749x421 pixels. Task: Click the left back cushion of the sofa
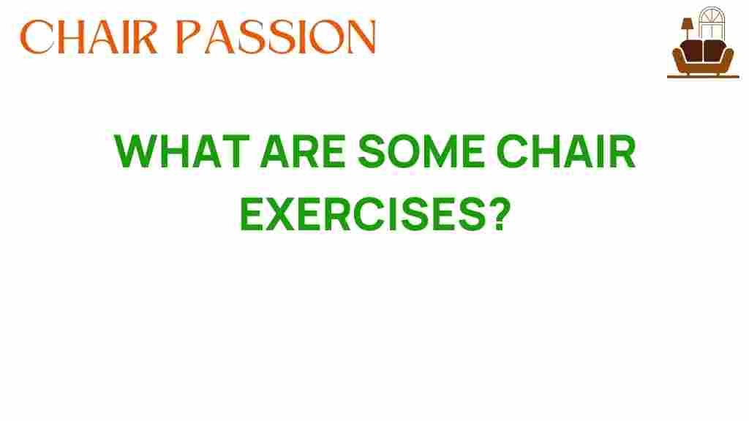pos(693,50)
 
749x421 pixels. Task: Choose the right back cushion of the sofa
pos(714,50)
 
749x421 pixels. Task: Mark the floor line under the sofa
pos(703,76)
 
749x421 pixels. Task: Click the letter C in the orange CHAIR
pos(37,37)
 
